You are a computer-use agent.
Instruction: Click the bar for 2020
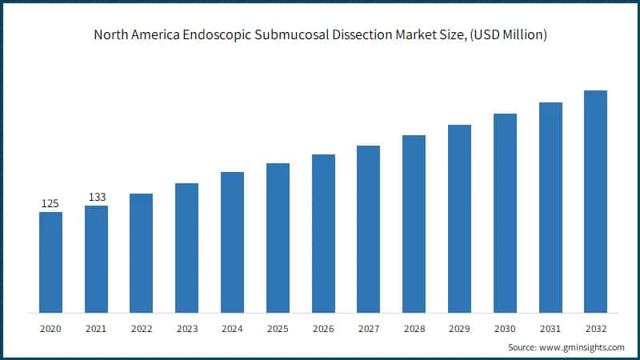[x=50, y=262]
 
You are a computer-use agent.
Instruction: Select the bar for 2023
[x=186, y=248]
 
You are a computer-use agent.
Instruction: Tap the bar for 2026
[x=323, y=234]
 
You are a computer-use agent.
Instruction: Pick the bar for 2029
[x=459, y=218]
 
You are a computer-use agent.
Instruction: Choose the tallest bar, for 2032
[x=595, y=202]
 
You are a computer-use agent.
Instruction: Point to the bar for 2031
[x=550, y=207]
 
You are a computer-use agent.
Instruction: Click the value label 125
[x=50, y=203]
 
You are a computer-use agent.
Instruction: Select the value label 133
[x=97, y=197]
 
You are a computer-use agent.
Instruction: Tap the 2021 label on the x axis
[x=96, y=328]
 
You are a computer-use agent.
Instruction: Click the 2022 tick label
[x=141, y=328]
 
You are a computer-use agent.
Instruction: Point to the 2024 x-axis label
[x=232, y=328]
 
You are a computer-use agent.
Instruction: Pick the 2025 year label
[x=278, y=328]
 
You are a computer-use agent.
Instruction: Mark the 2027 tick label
[x=368, y=328]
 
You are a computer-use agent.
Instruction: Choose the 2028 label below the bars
[x=414, y=328]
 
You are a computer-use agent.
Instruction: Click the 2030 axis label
[x=505, y=328]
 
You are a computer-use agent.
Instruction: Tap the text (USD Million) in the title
[x=507, y=35]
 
